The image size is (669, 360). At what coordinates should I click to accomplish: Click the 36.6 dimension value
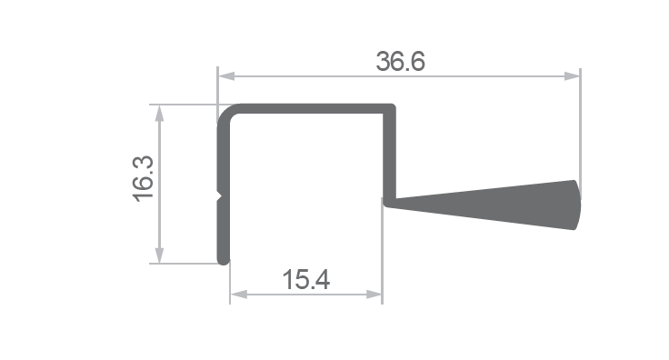coord(400,61)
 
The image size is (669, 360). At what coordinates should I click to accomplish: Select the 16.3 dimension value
coord(144,179)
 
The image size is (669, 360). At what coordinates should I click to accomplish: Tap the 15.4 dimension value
coord(306,279)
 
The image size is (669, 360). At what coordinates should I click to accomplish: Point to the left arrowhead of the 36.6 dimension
coord(226,76)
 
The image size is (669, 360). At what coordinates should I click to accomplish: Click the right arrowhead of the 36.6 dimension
coord(572,76)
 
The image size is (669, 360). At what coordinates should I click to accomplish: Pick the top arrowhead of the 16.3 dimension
coord(159,113)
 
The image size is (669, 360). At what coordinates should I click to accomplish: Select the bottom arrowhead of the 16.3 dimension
coord(159,255)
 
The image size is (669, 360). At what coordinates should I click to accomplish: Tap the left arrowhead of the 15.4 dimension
coord(238,295)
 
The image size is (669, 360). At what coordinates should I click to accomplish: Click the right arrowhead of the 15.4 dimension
coord(374,295)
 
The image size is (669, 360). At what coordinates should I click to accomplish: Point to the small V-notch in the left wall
coord(220,197)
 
